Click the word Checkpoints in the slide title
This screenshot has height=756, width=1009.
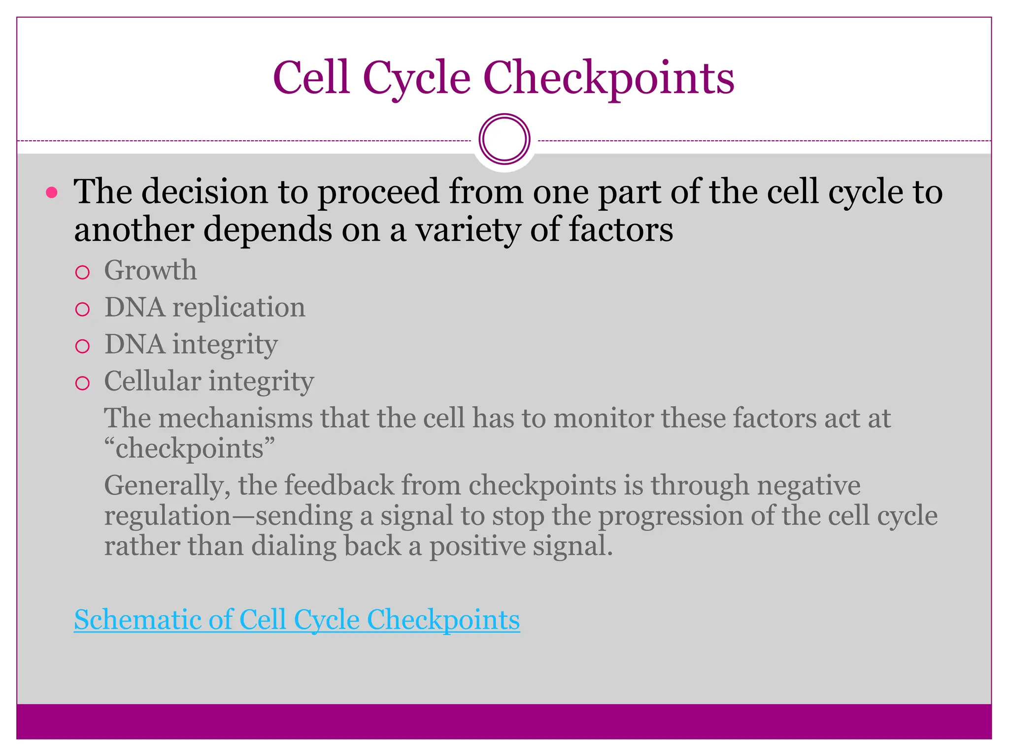(608, 79)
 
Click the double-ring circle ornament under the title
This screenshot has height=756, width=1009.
(504, 139)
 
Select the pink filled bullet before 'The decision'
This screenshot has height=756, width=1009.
(51, 192)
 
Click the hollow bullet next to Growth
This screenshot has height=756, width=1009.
(83, 273)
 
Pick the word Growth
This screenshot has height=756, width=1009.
(150, 270)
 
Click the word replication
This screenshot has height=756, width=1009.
(238, 308)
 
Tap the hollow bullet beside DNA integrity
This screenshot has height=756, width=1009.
(83, 346)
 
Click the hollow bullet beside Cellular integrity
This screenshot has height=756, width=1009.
(83, 383)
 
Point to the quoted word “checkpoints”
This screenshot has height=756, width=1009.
(189, 449)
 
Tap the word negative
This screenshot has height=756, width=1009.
(808, 486)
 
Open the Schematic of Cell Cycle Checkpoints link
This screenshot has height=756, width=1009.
(297, 620)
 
